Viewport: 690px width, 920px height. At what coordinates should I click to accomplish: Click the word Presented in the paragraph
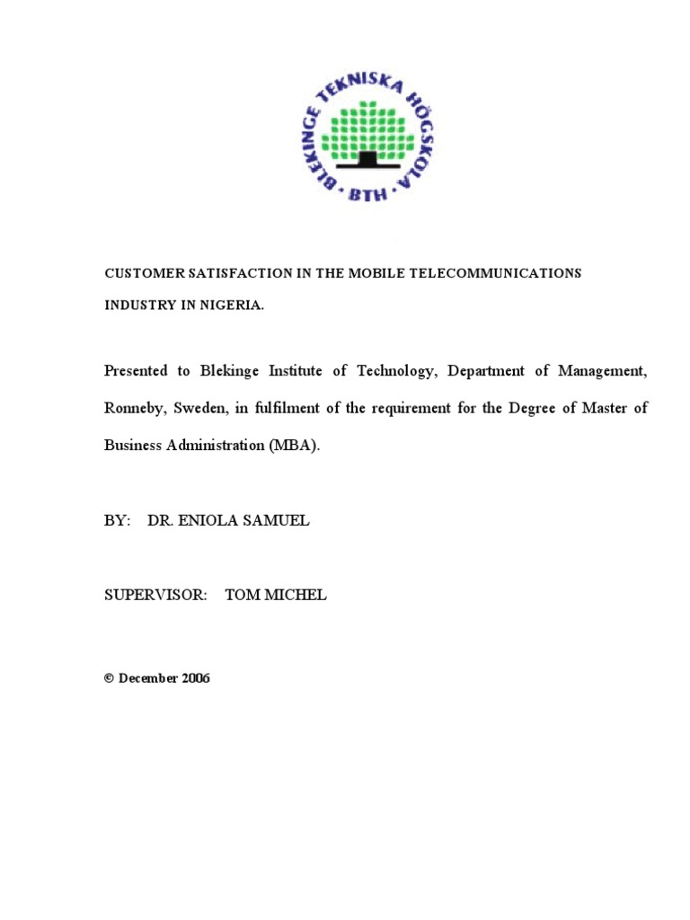[x=137, y=371]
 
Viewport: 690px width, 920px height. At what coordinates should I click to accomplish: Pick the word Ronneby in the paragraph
[x=133, y=409]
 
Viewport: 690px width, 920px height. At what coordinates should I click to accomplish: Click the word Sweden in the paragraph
[x=201, y=409]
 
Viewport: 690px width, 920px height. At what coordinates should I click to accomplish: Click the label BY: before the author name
[x=118, y=521]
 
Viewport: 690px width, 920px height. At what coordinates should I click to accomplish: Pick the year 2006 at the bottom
[x=195, y=678]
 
